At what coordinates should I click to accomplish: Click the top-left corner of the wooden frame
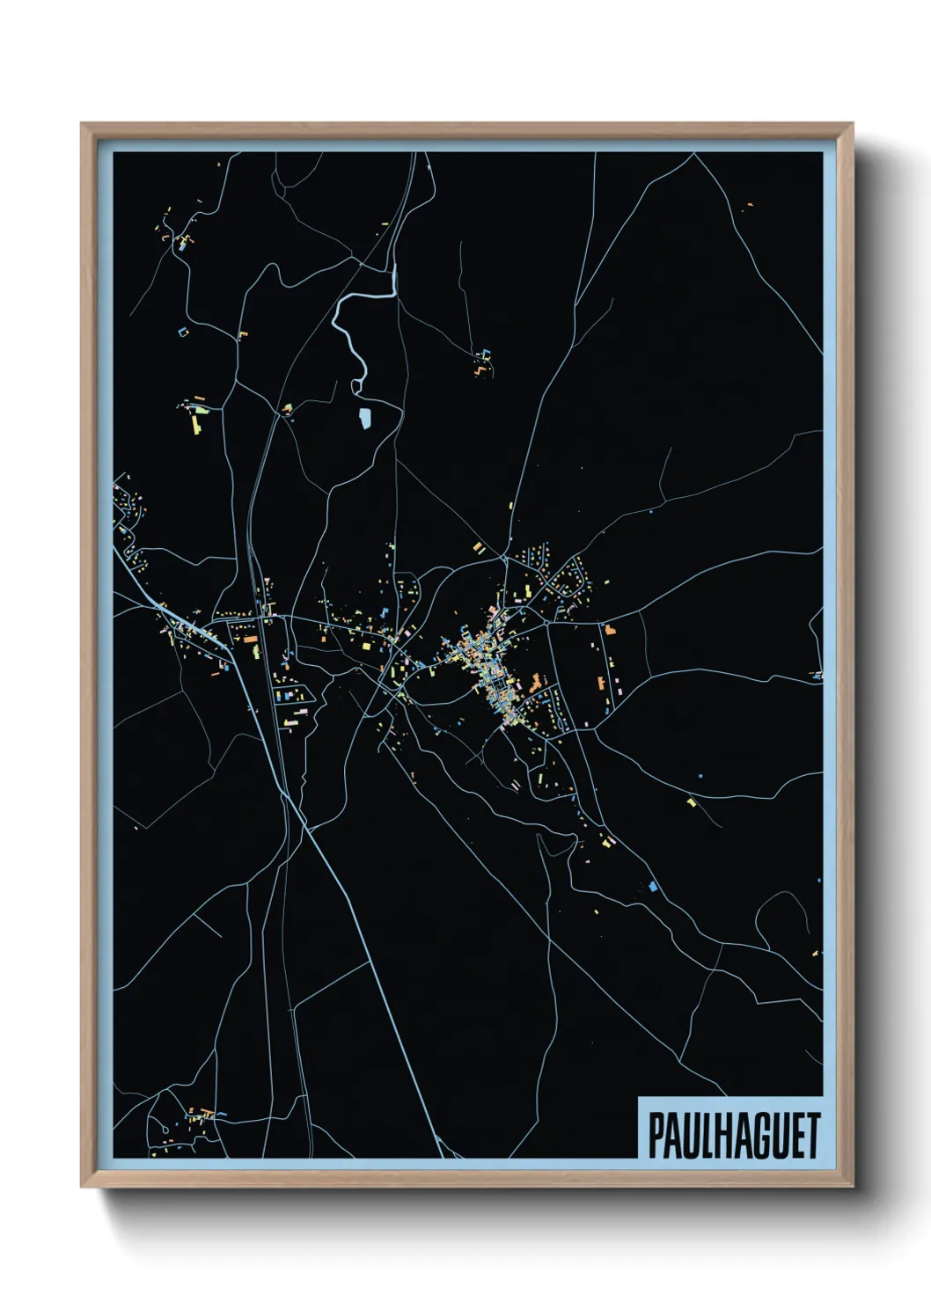tap(83, 125)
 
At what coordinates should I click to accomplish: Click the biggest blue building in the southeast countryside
tap(652, 887)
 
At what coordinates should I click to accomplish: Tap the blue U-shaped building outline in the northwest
tap(183, 332)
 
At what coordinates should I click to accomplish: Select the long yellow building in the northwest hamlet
tap(196, 424)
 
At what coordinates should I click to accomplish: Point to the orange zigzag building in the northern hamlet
tap(480, 369)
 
